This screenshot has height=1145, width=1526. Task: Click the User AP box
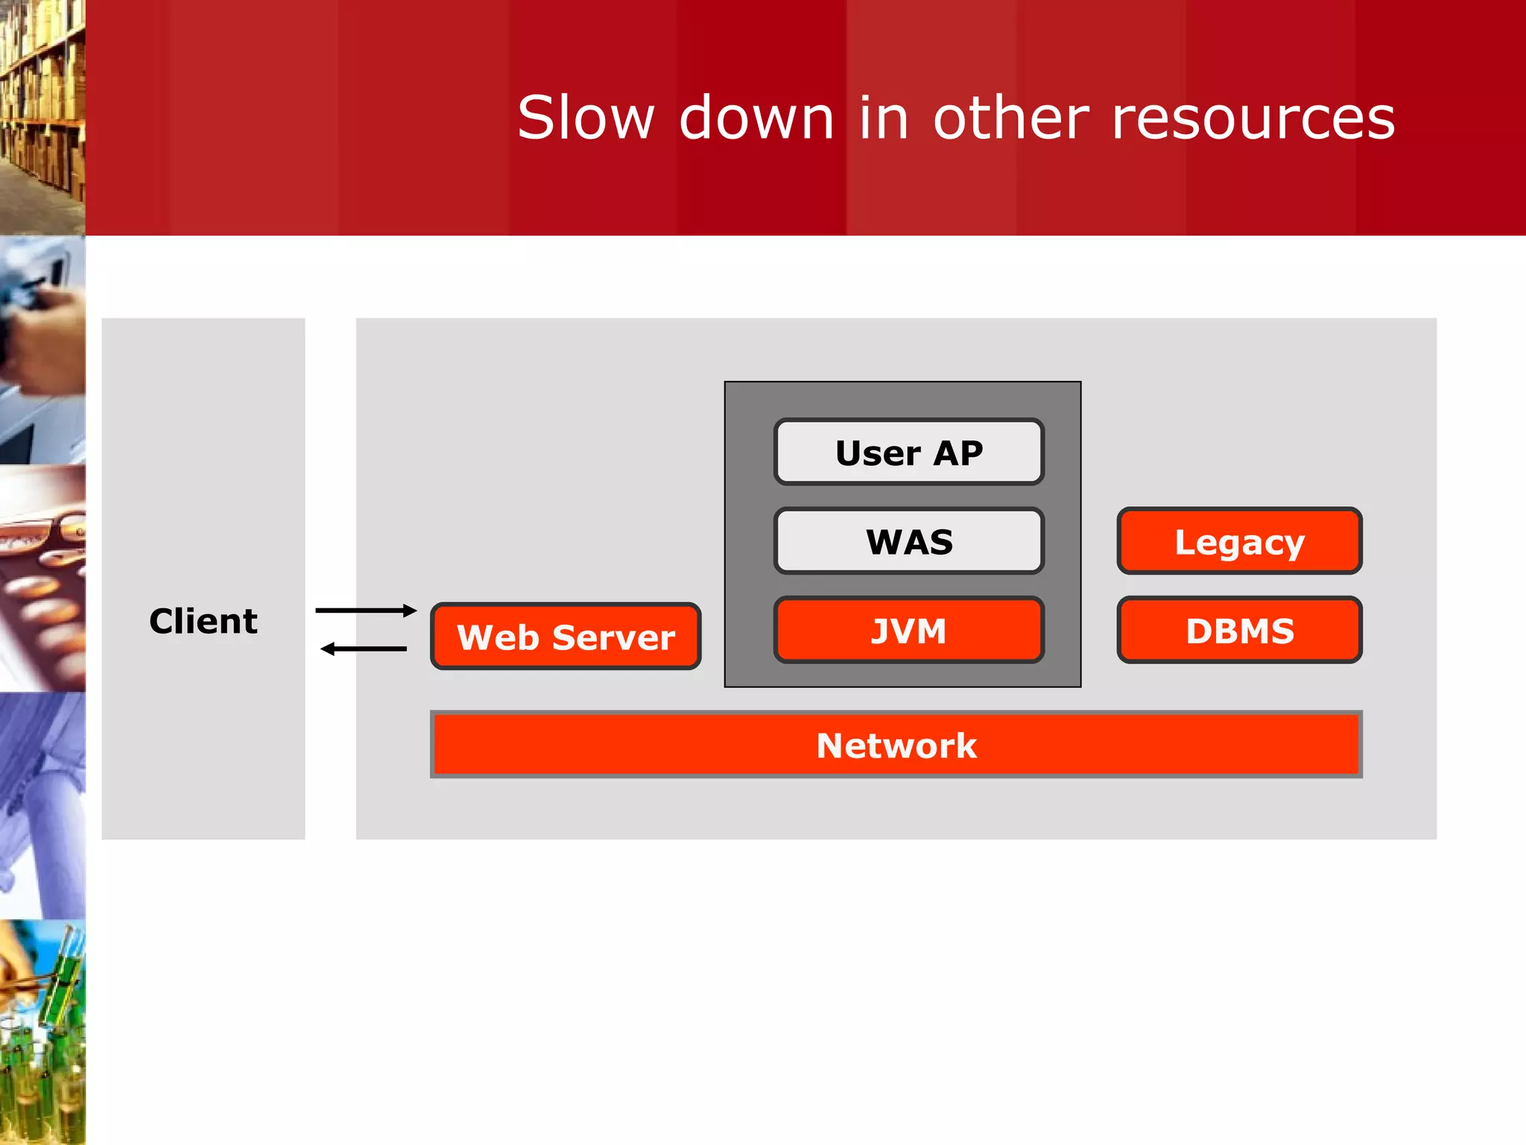tap(908, 452)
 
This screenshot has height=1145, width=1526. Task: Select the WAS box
tap(908, 541)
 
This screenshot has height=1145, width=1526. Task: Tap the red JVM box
tap(908, 631)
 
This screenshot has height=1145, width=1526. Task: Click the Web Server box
tap(566, 637)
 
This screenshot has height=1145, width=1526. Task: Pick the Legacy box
tap(1239, 541)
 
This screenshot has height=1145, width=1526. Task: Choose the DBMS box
tap(1239, 631)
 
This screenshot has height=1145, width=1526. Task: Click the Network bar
tap(896, 745)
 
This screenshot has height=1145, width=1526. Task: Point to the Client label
tap(203, 621)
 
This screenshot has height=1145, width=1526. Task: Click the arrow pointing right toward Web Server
tap(365, 611)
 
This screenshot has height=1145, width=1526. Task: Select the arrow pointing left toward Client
tap(364, 649)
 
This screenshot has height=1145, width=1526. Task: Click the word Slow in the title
tap(586, 118)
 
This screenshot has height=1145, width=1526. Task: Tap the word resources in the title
tap(1253, 118)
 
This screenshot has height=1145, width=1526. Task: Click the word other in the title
tap(1011, 118)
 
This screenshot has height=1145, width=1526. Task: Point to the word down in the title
tap(756, 118)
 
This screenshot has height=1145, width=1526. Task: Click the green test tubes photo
tap(42, 1032)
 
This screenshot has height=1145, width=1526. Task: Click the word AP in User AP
tap(957, 452)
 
